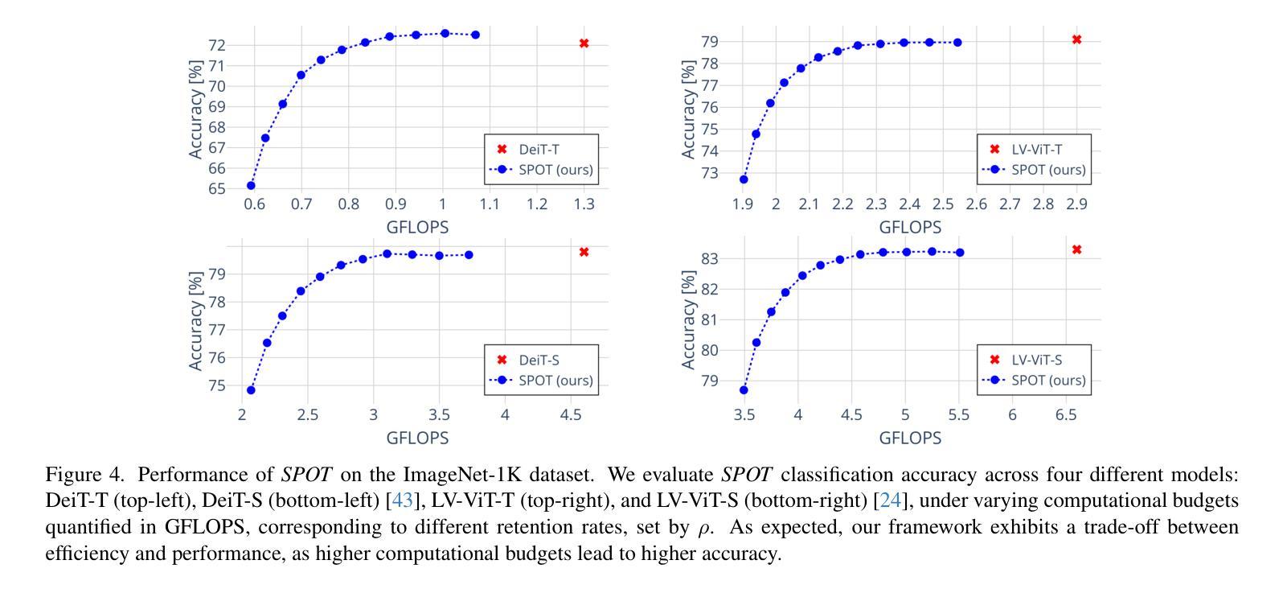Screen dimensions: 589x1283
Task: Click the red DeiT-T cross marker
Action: pyautogui.click(x=584, y=43)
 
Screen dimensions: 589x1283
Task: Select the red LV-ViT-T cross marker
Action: pyautogui.click(x=1076, y=39)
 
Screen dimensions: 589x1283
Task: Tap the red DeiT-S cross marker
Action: pyautogui.click(x=584, y=252)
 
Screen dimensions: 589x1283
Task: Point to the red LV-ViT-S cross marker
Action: pyautogui.click(x=1076, y=249)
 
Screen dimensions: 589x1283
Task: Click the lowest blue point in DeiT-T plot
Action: pyautogui.click(x=251, y=186)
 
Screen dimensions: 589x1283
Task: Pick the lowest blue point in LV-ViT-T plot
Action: pyautogui.click(x=744, y=179)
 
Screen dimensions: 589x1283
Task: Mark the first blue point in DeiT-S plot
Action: pyautogui.click(x=251, y=390)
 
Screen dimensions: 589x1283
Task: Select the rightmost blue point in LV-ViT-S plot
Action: pyautogui.click(x=960, y=253)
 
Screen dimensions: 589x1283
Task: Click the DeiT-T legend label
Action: pyautogui.click(x=539, y=149)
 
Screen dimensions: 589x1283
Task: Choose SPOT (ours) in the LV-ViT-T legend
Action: pyautogui.click(x=1047, y=170)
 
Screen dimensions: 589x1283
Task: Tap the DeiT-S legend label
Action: pyautogui.click(x=539, y=360)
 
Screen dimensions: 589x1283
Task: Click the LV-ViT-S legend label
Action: pyautogui.click(x=1037, y=360)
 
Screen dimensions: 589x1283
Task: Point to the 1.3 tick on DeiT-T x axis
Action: pyautogui.click(x=584, y=204)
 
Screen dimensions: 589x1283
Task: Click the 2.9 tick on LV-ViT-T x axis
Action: pyautogui.click(x=1076, y=204)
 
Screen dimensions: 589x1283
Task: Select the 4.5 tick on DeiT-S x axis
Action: pyautogui.click(x=570, y=415)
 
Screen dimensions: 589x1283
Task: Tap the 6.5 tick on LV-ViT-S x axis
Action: pyautogui.click(x=1066, y=415)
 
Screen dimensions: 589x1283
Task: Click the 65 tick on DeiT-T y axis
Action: pyautogui.click(x=216, y=189)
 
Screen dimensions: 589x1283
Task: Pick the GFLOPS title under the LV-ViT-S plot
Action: pyautogui.click(x=910, y=438)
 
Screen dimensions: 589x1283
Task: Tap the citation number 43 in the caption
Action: pyautogui.click(x=402, y=500)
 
